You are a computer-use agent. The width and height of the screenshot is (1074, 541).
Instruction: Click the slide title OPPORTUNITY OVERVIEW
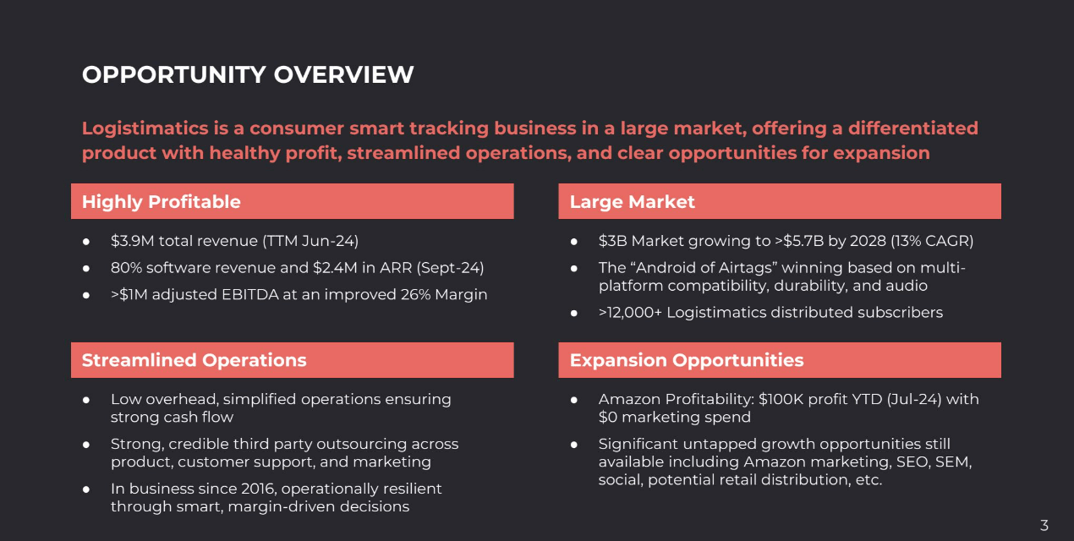pos(248,74)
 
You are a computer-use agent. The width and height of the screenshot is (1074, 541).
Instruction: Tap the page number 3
pos(1044,525)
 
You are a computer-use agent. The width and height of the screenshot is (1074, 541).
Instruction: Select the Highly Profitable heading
pos(161,202)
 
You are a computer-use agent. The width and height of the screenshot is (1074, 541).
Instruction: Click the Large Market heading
pos(632,202)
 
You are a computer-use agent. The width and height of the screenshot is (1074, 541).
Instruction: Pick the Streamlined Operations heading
pos(195,360)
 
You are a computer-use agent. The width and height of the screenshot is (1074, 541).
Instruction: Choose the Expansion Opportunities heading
pos(687,360)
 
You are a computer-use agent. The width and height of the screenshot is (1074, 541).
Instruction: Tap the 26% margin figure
pos(415,294)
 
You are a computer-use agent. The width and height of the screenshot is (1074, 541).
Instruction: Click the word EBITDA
pos(249,294)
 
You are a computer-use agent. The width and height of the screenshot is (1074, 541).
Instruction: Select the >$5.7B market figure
pos(799,241)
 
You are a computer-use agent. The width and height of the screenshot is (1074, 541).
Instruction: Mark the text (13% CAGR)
pos(932,241)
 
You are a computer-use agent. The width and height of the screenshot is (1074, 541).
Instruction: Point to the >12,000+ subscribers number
pos(630,313)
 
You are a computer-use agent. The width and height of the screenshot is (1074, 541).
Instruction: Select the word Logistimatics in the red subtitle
pos(145,128)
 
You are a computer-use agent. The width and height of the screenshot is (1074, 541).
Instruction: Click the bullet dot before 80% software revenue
pos(85,268)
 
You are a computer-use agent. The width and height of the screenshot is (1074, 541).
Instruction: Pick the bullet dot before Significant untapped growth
pos(573,445)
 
